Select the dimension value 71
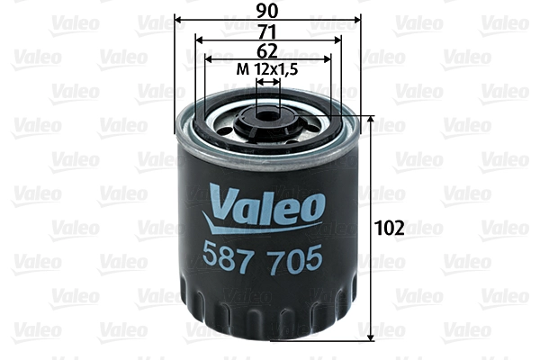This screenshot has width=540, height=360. click(x=267, y=31)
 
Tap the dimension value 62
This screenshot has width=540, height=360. click(x=267, y=50)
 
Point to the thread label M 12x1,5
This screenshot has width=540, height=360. click(x=267, y=69)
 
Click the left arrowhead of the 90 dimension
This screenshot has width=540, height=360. click(x=178, y=20)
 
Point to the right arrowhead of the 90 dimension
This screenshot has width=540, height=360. click(x=358, y=20)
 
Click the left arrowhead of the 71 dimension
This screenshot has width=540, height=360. click(x=199, y=40)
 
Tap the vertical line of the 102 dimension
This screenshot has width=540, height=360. click(x=372, y=270)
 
